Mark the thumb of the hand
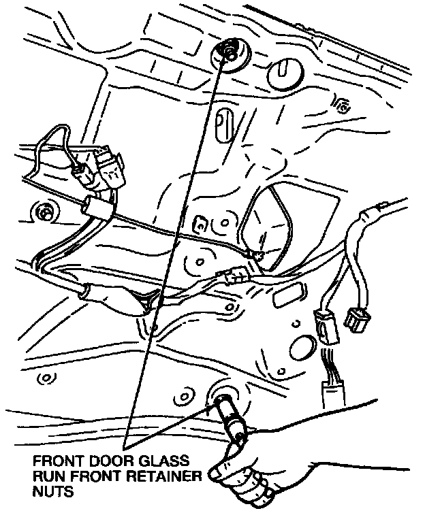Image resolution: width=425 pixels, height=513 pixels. (x=225, y=469)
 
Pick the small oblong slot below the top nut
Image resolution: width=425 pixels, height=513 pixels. (x=221, y=125)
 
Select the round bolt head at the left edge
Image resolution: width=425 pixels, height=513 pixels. (x=46, y=213)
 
